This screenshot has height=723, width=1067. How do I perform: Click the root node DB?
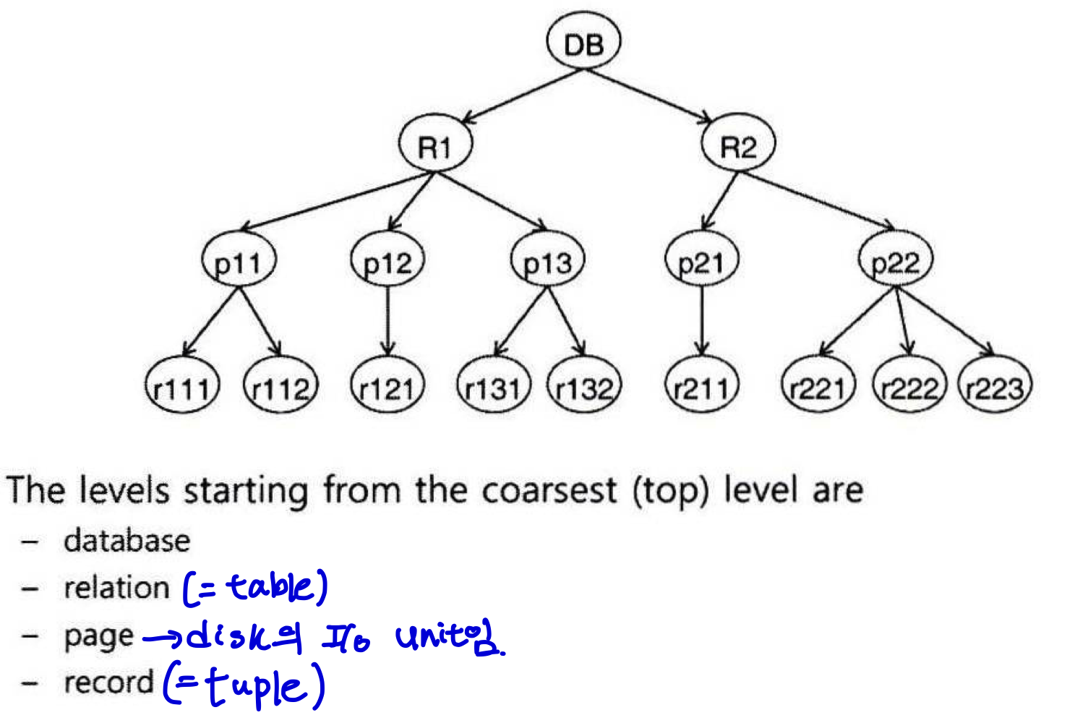click(x=583, y=43)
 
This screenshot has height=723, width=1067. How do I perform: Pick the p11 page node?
click(x=239, y=262)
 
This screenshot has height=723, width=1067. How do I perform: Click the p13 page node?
click(x=547, y=262)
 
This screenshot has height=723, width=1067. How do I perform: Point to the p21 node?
click(x=700, y=262)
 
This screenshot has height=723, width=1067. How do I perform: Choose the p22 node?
click(x=896, y=262)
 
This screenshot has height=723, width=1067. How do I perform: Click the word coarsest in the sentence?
click(x=549, y=491)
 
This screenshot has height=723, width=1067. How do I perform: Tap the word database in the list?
click(x=127, y=541)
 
